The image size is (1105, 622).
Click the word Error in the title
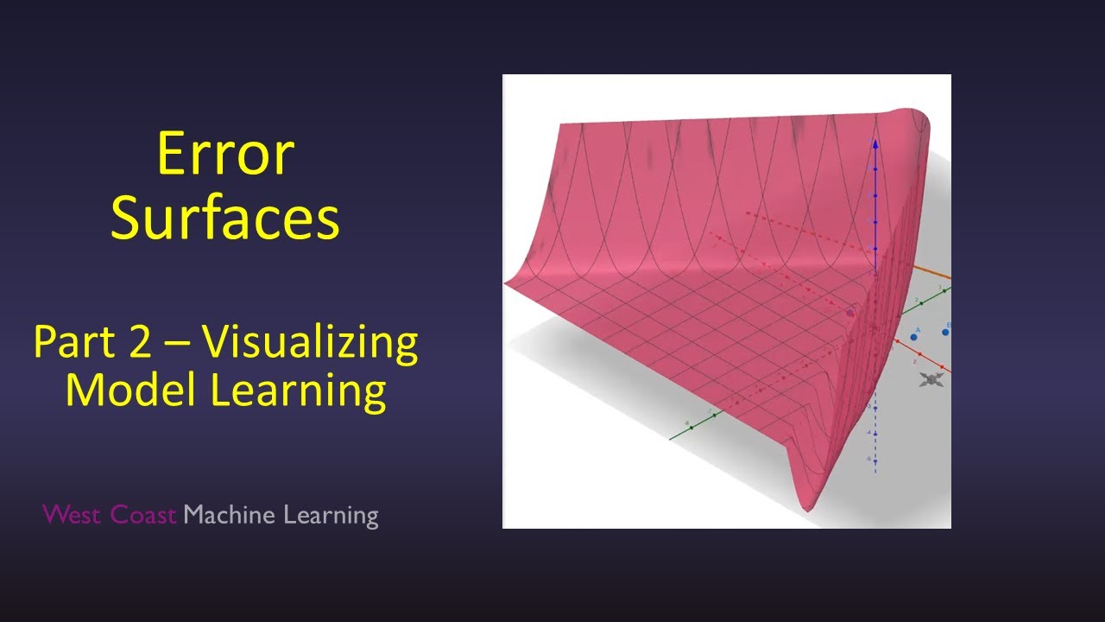click(x=225, y=155)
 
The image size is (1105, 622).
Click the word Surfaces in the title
click(x=225, y=219)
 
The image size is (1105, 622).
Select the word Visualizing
click(x=311, y=344)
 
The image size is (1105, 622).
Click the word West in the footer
click(x=73, y=516)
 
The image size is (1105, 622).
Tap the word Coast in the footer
click(x=143, y=516)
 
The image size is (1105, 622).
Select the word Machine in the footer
click(x=230, y=516)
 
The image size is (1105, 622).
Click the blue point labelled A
click(x=913, y=336)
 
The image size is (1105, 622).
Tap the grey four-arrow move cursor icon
click(x=931, y=379)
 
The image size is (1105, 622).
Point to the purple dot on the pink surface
click(x=849, y=314)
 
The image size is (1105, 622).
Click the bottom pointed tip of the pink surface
click(x=808, y=510)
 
